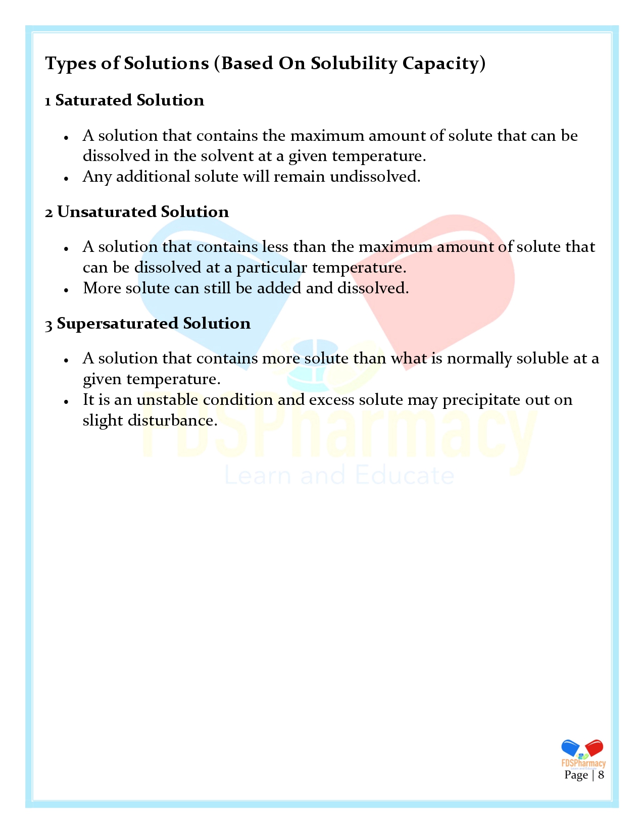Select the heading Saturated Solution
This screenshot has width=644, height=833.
click(x=130, y=100)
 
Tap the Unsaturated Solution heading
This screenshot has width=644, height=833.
click(x=143, y=212)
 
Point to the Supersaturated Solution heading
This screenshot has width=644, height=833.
click(x=154, y=324)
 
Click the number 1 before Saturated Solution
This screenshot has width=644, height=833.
click(x=48, y=101)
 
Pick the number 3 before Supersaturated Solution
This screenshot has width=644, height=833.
click(x=48, y=325)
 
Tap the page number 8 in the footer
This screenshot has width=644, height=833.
click(x=601, y=775)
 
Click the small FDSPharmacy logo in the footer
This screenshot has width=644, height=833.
click(x=583, y=754)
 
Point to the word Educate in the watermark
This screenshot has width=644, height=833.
click(x=404, y=476)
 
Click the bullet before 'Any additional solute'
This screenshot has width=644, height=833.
click(x=66, y=178)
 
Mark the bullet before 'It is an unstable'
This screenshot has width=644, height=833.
click(x=66, y=401)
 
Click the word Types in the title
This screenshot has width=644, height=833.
click(x=67, y=64)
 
